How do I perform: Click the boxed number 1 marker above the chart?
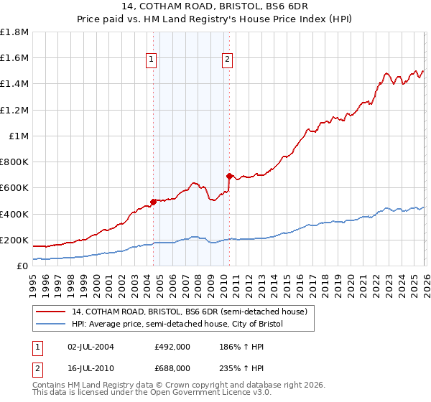click(152, 60)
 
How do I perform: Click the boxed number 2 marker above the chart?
click(227, 60)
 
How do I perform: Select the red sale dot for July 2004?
click(153, 202)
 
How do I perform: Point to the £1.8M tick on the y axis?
click(14, 32)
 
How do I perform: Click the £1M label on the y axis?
click(19, 136)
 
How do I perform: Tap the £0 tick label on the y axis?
click(22, 266)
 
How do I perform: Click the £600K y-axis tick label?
click(15, 188)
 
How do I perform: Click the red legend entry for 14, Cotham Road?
click(190, 312)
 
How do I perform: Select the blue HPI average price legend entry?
click(177, 324)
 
